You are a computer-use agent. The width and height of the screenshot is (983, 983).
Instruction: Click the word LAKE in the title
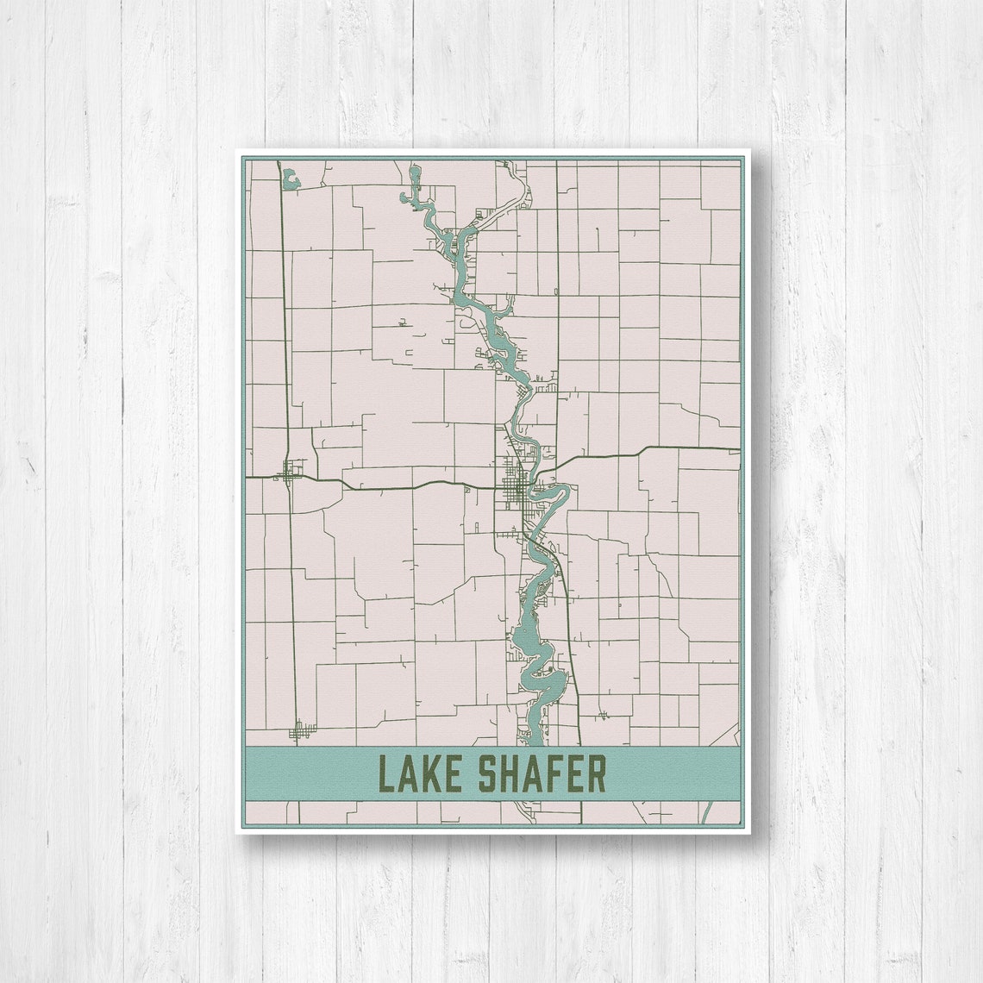pyautogui.click(x=423, y=774)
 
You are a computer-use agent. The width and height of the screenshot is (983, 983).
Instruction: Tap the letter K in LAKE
pyautogui.click(x=438, y=774)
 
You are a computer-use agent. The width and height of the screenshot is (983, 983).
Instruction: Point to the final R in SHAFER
pyautogui.click(x=597, y=774)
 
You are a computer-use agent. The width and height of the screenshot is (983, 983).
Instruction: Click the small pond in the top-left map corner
pyautogui.click(x=291, y=178)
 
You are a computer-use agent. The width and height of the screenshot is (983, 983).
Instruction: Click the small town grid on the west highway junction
pyautogui.click(x=291, y=472)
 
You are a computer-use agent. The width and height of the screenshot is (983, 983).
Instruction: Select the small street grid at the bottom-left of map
pyautogui.click(x=300, y=730)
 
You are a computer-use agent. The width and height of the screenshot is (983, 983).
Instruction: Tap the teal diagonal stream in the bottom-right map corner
pyautogui.click(x=706, y=812)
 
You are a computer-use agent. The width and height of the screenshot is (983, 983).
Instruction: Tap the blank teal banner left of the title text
pyautogui.click(x=310, y=773)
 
